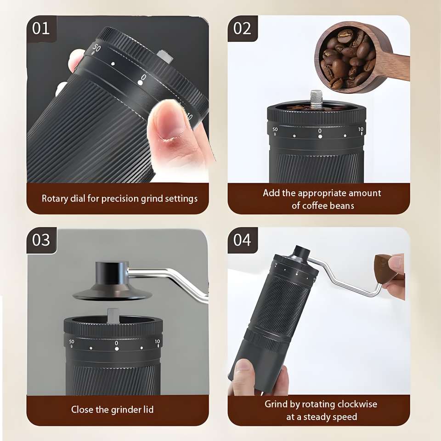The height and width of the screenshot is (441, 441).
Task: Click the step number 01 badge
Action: pos(41,28)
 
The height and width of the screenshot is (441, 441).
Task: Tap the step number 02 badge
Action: pos(243,28)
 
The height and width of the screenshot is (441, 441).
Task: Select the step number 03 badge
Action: pos(41,240)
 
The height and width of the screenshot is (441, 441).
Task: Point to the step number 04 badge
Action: pos(243,240)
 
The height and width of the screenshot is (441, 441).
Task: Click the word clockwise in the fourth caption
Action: pos(357,404)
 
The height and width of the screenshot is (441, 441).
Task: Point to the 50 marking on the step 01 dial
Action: pos(96,48)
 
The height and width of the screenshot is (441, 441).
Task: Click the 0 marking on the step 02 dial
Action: pos(320,131)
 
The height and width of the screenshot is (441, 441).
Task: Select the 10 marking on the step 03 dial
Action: pos(157,341)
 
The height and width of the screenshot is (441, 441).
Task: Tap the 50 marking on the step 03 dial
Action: pos(72,341)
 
